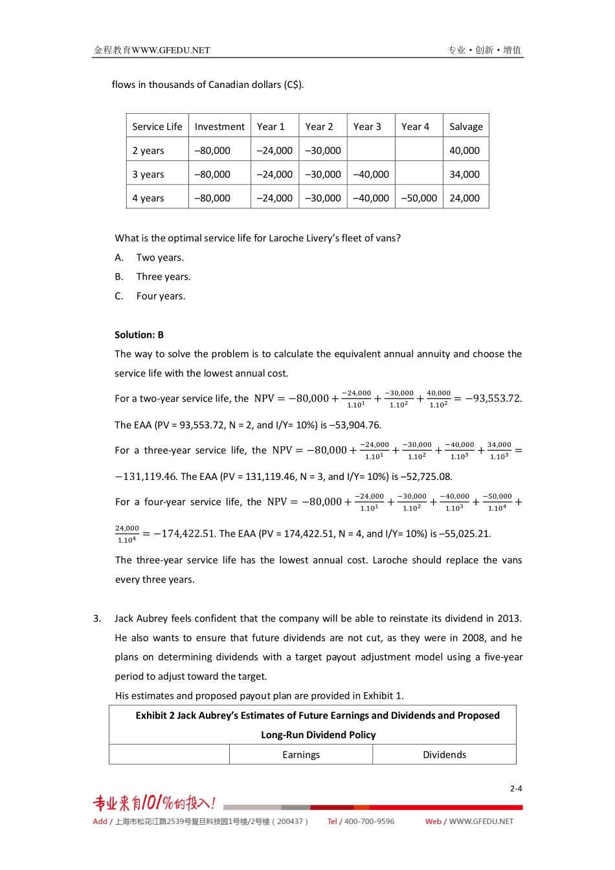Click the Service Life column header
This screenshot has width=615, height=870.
pyautogui.click(x=157, y=127)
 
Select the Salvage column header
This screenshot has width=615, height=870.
pyautogui.click(x=465, y=127)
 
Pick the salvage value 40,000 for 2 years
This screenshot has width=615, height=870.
pyautogui.click(x=464, y=151)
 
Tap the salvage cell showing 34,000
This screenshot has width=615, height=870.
pyautogui.click(x=464, y=175)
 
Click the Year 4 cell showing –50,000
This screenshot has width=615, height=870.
pyautogui.click(x=419, y=199)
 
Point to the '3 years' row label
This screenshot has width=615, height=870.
pyautogui.click(x=148, y=175)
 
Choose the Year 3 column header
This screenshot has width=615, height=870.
pyautogui.click(x=367, y=127)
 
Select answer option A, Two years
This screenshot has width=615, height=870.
pyautogui.click(x=159, y=257)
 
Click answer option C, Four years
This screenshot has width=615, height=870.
pyautogui.click(x=160, y=296)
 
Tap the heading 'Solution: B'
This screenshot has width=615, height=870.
pyautogui.click(x=139, y=335)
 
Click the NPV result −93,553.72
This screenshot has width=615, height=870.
pyautogui.click(x=493, y=398)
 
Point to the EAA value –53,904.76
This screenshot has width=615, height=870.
pyautogui.click(x=355, y=425)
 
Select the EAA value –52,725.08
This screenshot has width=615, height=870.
pyautogui.click(x=426, y=477)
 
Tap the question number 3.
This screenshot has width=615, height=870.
pyautogui.click(x=97, y=618)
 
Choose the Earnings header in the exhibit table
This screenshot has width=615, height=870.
pyautogui.click(x=301, y=755)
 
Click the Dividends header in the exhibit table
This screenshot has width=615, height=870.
pyautogui.click(x=444, y=755)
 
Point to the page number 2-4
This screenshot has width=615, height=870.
pyautogui.click(x=515, y=788)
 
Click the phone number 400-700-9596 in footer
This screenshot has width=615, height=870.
pyautogui.click(x=369, y=821)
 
